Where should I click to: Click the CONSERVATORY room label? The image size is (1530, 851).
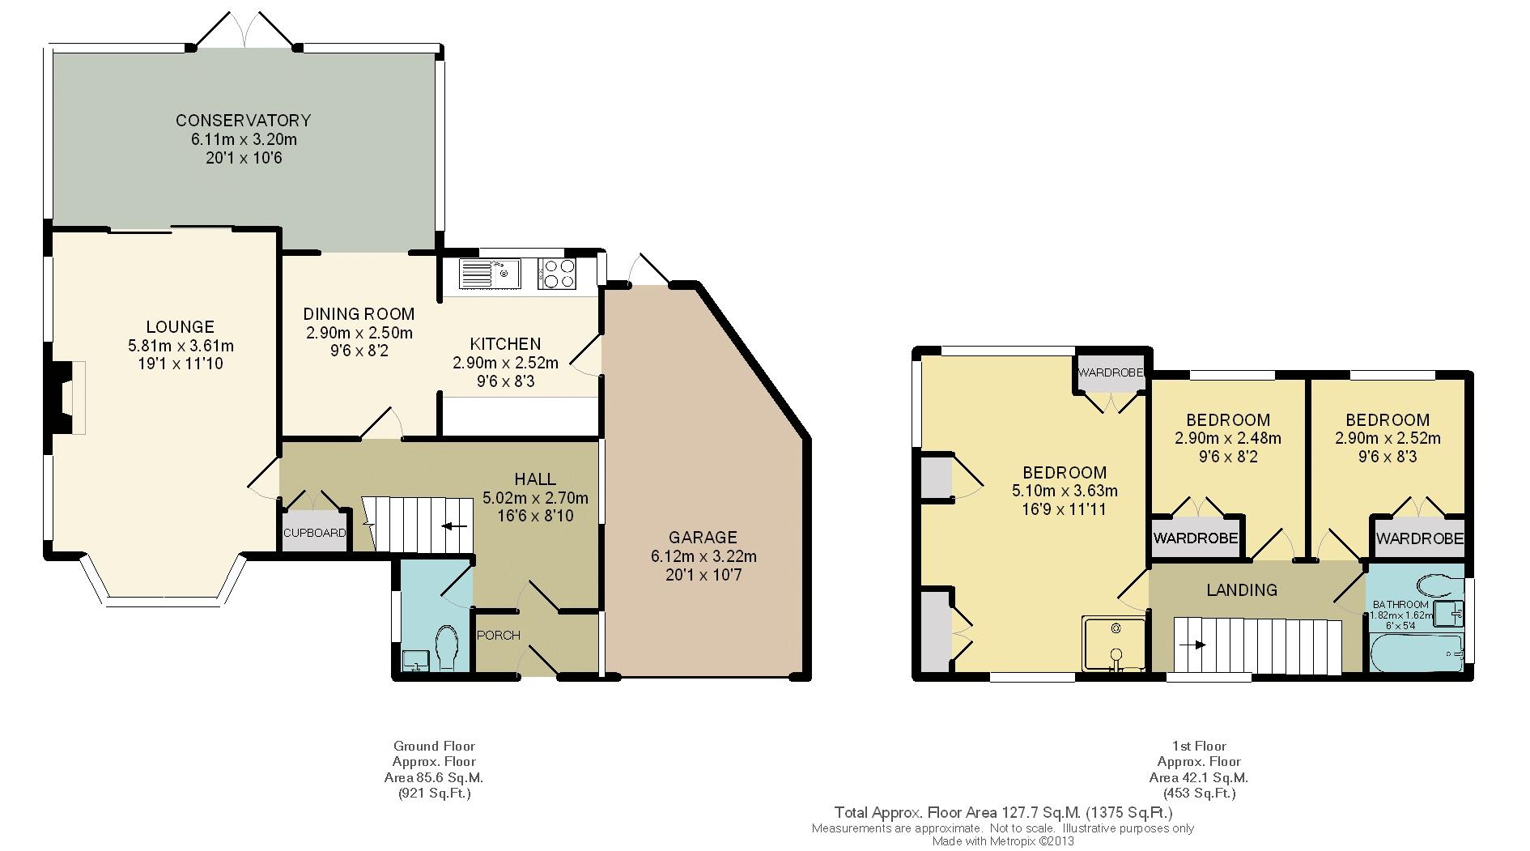tap(243, 121)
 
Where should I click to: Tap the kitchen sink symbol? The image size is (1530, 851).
tap(490, 274)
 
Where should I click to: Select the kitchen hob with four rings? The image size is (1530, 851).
tap(557, 274)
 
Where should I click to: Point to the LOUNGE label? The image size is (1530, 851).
tap(180, 327)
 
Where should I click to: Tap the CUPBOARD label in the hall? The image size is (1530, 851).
tap(314, 533)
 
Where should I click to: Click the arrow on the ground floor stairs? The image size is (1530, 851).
tap(455, 526)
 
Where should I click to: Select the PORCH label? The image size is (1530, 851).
tap(499, 635)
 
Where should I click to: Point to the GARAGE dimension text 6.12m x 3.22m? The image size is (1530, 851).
tap(703, 556)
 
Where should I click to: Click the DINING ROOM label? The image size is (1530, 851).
tap(359, 314)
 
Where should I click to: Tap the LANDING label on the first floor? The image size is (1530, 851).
tap(1242, 590)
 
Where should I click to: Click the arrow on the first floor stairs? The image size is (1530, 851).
tap(1192, 645)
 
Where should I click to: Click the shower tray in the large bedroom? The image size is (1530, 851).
tap(1115, 645)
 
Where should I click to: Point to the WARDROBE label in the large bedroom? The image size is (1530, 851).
tap(1111, 372)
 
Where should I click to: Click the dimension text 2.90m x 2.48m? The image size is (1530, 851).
tap(1228, 439)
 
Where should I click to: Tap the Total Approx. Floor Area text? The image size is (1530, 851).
tap(1004, 813)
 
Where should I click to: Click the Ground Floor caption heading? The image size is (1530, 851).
tap(434, 747)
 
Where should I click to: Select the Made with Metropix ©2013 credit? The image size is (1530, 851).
tap(1003, 841)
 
